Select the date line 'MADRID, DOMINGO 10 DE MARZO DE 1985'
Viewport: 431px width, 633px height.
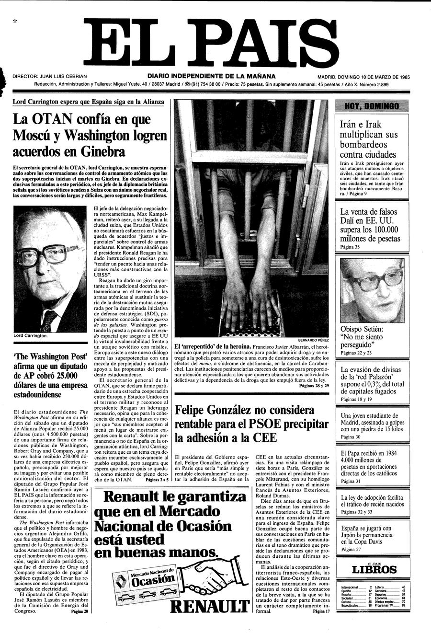pos(363,77)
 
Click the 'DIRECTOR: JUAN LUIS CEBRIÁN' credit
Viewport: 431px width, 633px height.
pos(50,77)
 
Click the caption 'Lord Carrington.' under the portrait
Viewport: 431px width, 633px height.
pos(31,336)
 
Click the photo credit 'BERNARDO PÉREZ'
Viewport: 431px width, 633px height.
pos(313,340)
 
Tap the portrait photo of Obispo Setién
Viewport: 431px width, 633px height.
pos(372,290)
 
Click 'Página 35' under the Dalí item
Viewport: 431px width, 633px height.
pos(350,247)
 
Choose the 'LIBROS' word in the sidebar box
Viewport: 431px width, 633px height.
pos(374,570)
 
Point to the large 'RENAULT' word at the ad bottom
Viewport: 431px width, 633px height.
pos(211,607)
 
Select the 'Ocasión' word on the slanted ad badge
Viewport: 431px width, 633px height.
pos(153,581)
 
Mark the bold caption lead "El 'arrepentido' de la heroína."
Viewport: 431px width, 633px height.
pos(213,346)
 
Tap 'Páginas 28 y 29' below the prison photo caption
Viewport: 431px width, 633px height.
pos(314,385)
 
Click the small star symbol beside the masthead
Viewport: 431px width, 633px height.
pos(15,21)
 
